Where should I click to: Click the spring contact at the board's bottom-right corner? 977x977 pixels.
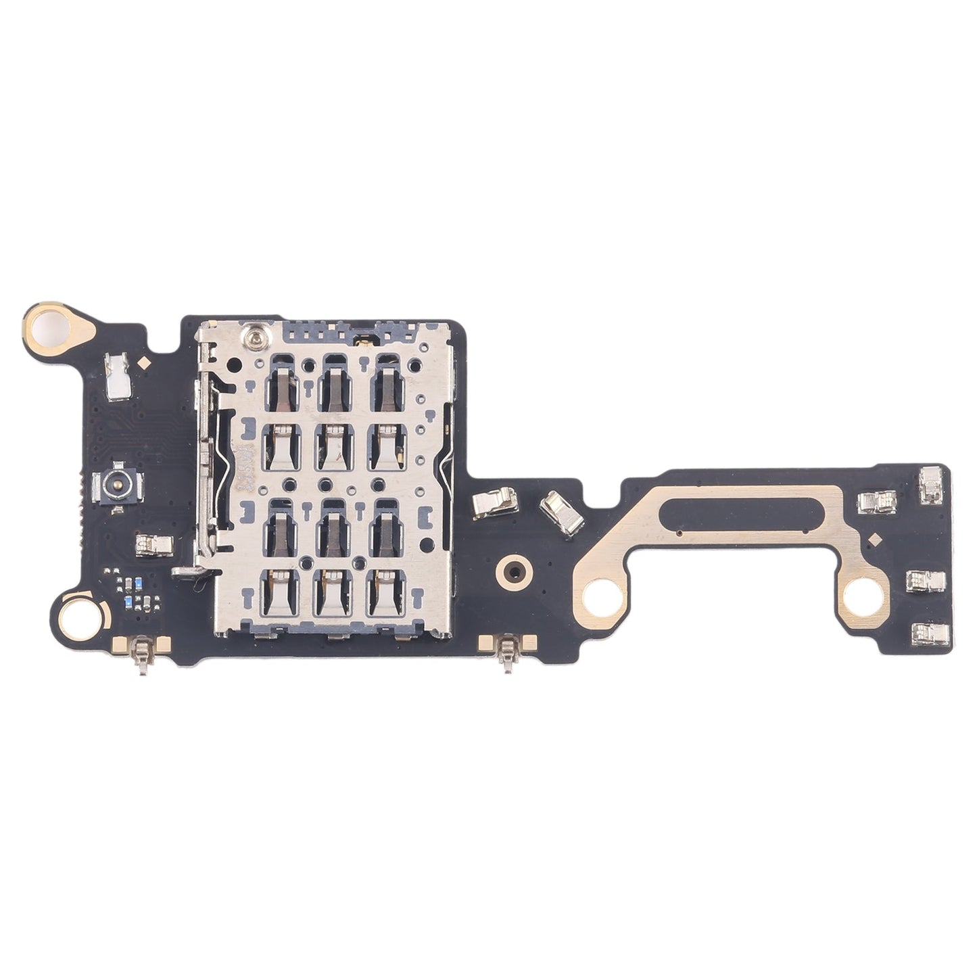[928, 632]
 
